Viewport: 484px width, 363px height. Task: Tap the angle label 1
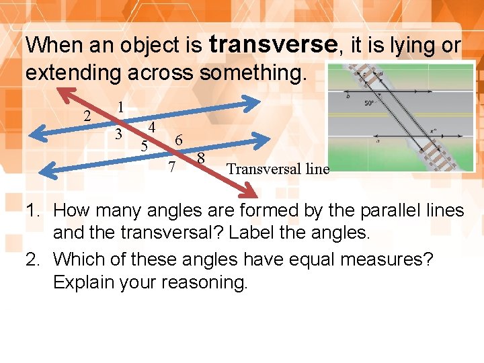coord(119,107)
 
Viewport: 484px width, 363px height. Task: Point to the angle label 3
coord(118,134)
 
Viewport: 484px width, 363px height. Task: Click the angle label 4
coord(153,127)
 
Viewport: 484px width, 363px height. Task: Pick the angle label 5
coord(143,145)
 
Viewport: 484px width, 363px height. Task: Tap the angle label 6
coord(177,140)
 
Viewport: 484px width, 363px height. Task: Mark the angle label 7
coord(172,166)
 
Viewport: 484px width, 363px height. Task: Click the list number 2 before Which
coord(34,259)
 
